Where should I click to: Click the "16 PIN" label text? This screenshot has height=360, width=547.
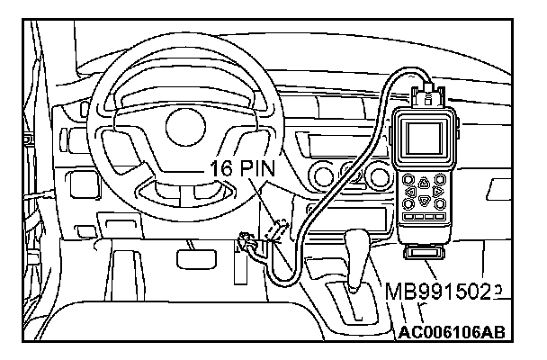[x=244, y=168]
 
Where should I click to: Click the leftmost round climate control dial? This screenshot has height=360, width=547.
[x=322, y=174]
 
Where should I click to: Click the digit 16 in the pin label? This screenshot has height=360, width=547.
[x=222, y=168]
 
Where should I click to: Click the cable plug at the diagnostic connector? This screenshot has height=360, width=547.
[x=248, y=243]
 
